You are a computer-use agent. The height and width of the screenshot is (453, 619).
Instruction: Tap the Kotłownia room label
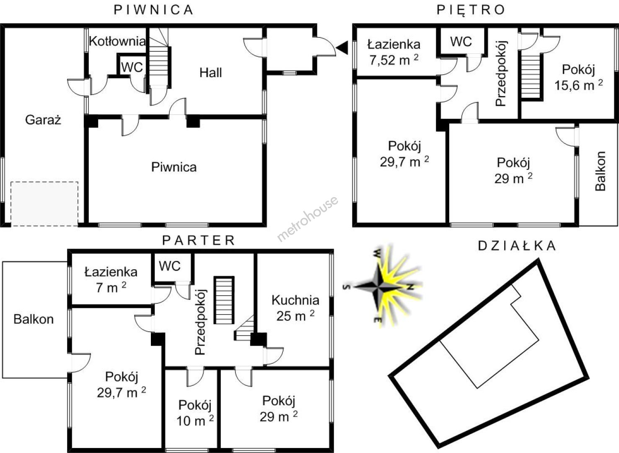click(x=117, y=41)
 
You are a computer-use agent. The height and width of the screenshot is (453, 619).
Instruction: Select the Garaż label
click(x=43, y=120)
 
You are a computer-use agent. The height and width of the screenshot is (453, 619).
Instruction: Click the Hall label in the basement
click(x=210, y=73)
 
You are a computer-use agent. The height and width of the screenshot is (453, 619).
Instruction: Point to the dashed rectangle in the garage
click(x=44, y=204)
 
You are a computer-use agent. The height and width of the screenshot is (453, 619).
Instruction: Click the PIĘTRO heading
click(x=471, y=10)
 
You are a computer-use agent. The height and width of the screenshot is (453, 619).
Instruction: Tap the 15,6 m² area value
click(x=579, y=86)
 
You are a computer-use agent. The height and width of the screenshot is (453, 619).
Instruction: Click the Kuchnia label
click(x=295, y=300)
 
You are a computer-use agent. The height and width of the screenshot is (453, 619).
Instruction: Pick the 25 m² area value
click(x=295, y=316)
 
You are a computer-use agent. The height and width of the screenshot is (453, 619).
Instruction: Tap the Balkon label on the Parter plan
click(x=34, y=319)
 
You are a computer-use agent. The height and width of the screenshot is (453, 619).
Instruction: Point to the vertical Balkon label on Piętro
click(x=601, y=171)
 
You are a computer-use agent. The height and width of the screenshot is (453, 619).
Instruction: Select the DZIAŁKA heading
click(x=517, y=246)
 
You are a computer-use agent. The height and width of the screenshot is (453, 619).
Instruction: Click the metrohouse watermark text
click(x=307, y=219)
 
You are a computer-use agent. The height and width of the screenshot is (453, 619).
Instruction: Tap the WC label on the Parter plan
click(x=170, y=266)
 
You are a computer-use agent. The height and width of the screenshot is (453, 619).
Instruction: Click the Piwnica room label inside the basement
click(x=174, y=167)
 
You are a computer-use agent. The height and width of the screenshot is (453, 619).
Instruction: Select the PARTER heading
click(x=199, y=240)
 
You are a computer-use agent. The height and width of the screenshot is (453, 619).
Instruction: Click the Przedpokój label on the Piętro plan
click(x=500, y=73)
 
